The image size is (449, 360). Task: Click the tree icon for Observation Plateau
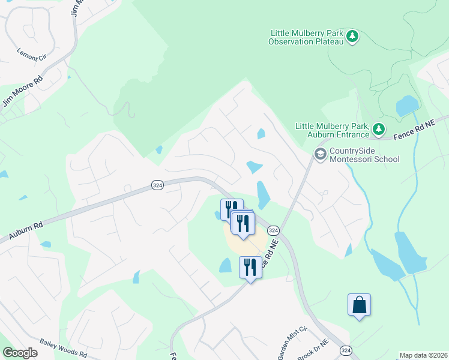click(x=354, y=37)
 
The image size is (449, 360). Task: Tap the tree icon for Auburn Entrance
click(x=378, y=128)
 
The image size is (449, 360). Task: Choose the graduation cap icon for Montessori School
click(x=321, y=155)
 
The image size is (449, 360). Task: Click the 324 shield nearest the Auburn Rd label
click(x=157, y=185)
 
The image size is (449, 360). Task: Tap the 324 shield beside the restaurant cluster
click(x=273, y=230)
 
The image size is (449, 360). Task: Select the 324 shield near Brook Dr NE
click(x=346, y=350)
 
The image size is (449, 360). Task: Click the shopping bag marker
click(x=359, y=305)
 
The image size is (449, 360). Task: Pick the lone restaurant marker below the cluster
click(x=250, y=266)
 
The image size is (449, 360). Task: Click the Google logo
click(x=20, y=353)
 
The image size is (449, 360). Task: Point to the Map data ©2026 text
click(x=423, y=355)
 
